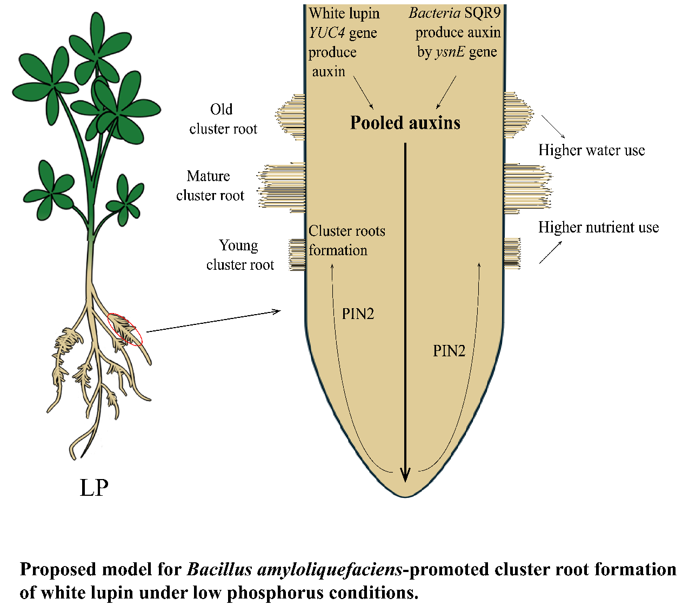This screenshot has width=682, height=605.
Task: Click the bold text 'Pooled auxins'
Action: pos(405,123)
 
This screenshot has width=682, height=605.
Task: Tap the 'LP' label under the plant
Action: pos(94,488)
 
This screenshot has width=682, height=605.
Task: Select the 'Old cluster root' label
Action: pos(223,119)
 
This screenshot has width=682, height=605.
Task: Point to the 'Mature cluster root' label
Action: pos(210,185)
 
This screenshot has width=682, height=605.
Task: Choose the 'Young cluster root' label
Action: pos(239,255)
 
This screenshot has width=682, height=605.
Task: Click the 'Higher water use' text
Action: pos(591,150)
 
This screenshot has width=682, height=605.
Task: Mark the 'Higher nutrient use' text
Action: pos(598,227)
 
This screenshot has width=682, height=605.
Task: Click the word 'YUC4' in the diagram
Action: pos(327,33)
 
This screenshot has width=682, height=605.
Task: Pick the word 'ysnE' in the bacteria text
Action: pos(450,52)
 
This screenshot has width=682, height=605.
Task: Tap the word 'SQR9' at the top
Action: pos(483,13)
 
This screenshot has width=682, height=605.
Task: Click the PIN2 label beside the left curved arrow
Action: pos(358,314)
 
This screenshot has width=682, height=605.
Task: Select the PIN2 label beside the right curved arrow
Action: pos(449,351)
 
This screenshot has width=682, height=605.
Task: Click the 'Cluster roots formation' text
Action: pos(346,241)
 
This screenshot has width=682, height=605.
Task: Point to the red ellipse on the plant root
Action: pos(125,329)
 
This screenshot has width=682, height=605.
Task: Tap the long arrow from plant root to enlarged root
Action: pos(213,321)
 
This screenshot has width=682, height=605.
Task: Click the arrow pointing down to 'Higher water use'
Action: pos(553,127)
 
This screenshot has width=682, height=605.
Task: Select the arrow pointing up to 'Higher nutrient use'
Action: pos(550,252)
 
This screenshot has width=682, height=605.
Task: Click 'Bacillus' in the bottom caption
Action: pos(219,570)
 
